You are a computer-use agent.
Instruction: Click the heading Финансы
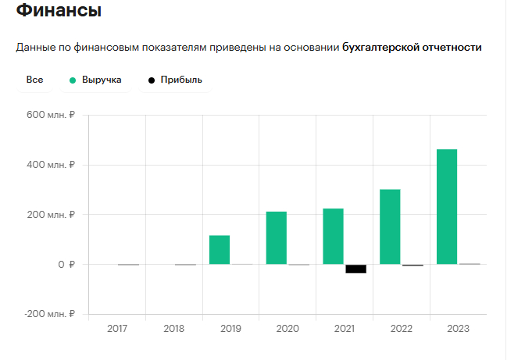pyautogui.click(x=59, y=12)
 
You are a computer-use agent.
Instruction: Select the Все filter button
pyautogui.click(x=34, y=80)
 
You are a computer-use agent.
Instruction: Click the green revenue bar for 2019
pyautogui.click(x=220, y=250)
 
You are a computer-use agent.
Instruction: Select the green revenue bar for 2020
pyautogui.click(x=277, y=238)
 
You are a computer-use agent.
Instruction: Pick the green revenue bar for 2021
pyautogui.click(x=333, y=237)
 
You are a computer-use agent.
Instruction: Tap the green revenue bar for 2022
pyautogui.click(x=390, y=227)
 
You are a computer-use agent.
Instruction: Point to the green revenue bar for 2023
pyautogui.click(x=447, y=207)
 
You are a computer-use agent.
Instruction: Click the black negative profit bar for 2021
pyautogui.click(x=355, y=269)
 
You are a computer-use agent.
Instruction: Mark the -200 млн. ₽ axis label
pyautogui.click(x=48, y=314)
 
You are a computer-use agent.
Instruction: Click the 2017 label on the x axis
pyautogui.click(x=116, y=329)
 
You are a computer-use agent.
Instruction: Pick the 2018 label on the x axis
pyautogui.click(x=173, y=329)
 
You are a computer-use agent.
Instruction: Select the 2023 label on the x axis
pyautogui.click(x=458, y=329)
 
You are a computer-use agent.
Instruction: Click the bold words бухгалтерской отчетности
pyautogui.click(x=412, y=48)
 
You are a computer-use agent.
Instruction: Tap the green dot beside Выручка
pyautogui.click(x=73, y=80)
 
